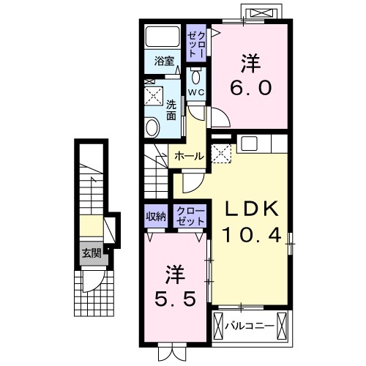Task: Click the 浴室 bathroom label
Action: tap(164, 61)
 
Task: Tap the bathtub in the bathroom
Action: tap(163, 37)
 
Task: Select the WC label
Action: tap(196, 92)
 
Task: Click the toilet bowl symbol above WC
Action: tap(195, 77)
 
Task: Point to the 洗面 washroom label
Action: tap(171, 111)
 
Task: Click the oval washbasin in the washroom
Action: tap(152, 127)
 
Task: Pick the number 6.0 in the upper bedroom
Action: tap(251, 88)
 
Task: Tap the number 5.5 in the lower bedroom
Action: tap(175, 299)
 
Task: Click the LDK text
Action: tap(251, 209)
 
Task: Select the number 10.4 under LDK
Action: tap(251, 235)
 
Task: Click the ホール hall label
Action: tap(190, 156)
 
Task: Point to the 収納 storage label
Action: tap(156, 216)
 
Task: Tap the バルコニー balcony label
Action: tap(248, 326)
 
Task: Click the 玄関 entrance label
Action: tap(91, 253)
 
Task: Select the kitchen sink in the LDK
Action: tap(249, 143)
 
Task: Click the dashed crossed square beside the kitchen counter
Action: tap(221, 153)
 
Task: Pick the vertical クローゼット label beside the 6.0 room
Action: tap(195, 45)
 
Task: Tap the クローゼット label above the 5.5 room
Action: tap(190, 216)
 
